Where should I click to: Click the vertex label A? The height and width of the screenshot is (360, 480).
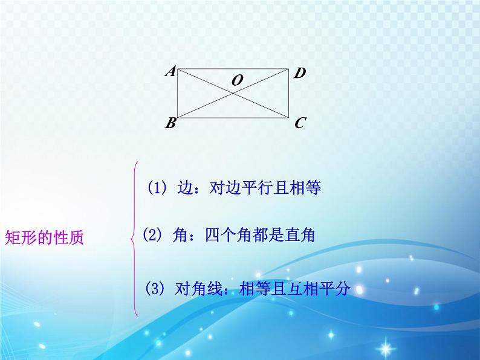click(170, 71)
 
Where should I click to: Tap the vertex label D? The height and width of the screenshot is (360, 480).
click(299, 73)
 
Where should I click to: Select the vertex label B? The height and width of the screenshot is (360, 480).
click(170, 123)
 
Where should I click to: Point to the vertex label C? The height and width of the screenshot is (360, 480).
click(300, 123)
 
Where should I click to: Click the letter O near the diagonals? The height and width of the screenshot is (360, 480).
click(237, 80)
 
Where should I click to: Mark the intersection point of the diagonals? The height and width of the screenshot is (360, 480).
click(233, 93)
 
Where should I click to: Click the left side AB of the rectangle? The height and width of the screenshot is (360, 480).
click(177, 93)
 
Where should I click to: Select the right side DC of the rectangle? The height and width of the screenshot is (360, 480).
click(289, 93)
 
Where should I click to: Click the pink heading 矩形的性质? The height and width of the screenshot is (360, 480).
click(44, 237)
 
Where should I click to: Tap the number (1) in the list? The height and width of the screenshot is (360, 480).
click(157, 187)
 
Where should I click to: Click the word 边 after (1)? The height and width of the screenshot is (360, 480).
click(186, 187)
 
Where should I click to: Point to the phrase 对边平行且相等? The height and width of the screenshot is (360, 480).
click(265, 187)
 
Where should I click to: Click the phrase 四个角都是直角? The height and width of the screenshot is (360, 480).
click(260, 235)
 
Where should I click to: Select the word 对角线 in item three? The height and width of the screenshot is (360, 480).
click(198, 289)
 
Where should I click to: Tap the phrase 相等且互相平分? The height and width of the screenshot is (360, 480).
click(295, 289)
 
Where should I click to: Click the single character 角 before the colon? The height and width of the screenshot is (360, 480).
click(181, 235)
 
